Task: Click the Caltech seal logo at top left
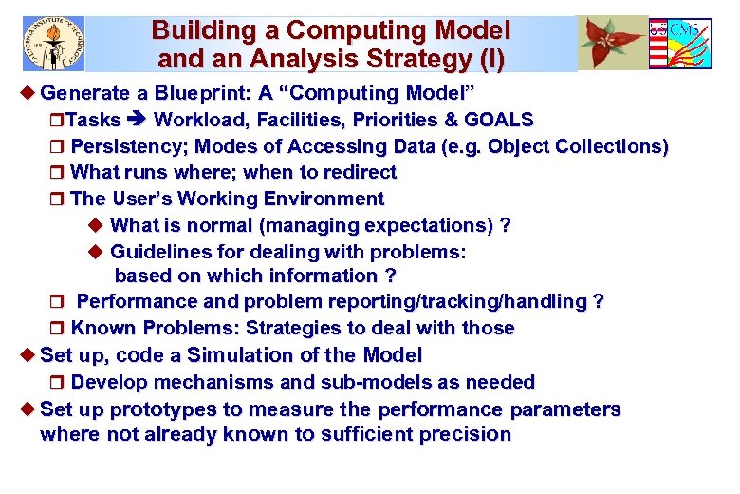tap(53, 43)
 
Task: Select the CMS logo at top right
tap(680, 44)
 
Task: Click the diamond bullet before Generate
tap(27, 93)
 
